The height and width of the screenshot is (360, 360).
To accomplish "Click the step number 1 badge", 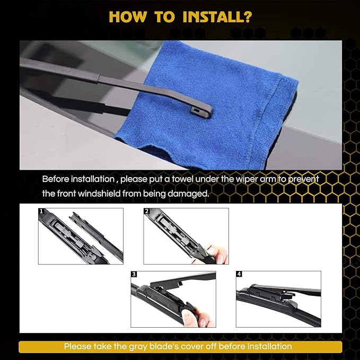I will point(41,212).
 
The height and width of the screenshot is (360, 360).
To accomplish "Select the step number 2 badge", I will point(147,212).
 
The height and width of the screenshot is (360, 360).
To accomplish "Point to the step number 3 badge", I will point(134,275).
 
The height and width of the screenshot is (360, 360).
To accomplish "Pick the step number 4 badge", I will point(239,275).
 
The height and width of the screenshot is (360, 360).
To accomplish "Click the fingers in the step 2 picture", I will point(217,253).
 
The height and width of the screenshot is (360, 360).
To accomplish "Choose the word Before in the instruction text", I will point(56,179).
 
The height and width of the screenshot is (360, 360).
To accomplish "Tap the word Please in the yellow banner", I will point(77,346).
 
